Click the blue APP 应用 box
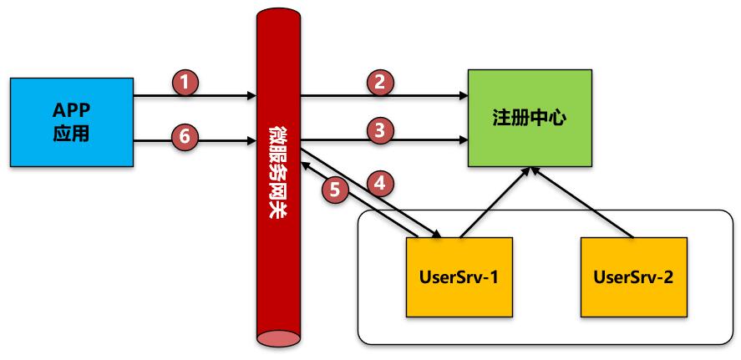click(x=71, y=122)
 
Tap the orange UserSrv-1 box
click(x=458, y=276)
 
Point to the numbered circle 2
click(x=380, y=82)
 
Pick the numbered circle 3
click(x=380, y=129)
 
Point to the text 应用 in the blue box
click(x=71, y=134)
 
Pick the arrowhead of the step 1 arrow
click(x=252, y=96)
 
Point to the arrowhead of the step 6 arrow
click(x=252, y=139)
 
